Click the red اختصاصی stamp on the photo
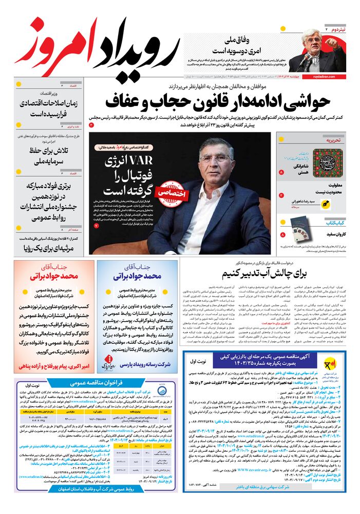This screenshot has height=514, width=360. (170, 188)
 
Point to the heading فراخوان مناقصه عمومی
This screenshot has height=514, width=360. (96, 382)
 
